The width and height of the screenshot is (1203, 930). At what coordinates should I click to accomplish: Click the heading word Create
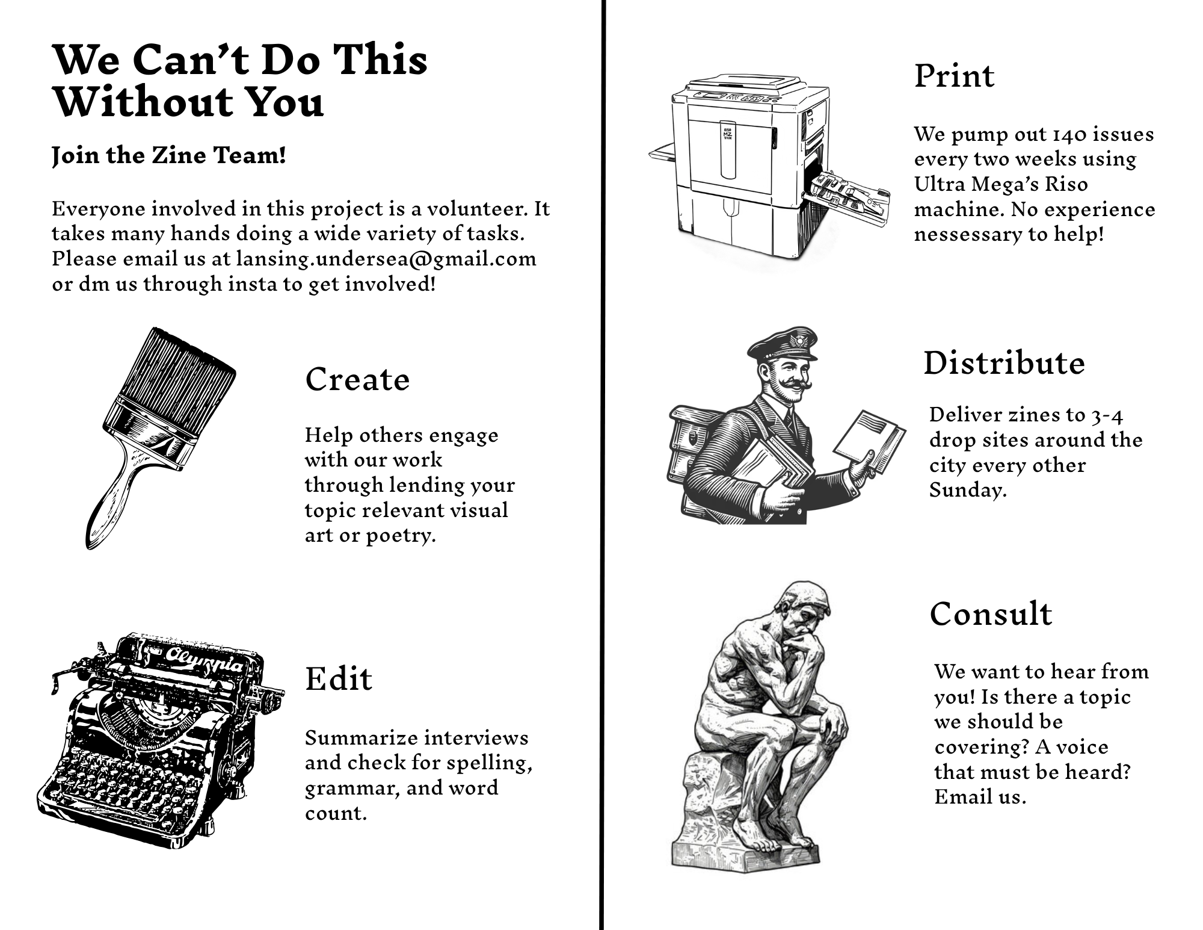(x=357, y=380)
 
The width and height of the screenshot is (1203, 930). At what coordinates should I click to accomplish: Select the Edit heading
(x=339, y=678)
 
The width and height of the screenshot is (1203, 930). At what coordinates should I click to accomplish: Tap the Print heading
(x=954, y=76)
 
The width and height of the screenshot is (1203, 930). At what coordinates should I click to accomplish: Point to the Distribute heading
(x=1004, y=363)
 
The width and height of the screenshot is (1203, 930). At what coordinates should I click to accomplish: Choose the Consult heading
(x=991, y=614)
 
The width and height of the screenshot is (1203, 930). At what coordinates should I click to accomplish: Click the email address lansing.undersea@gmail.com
(x=386, y=259)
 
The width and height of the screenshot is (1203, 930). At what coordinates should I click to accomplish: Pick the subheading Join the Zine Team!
(x=169, y=155)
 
